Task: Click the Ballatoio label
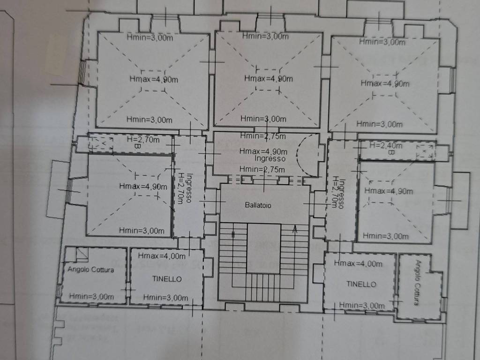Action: click(x=258, y=205)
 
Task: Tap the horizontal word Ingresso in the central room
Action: click(x=270, y=158)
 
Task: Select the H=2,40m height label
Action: click(x=386, y=145)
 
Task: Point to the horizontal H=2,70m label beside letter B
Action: click(x=143, y=140)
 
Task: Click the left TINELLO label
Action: click(x=167, y=279)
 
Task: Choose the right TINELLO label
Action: click(x=361, y=284)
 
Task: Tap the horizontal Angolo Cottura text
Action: click(x=90, y=270)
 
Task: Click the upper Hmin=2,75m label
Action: click(x=263, y=136)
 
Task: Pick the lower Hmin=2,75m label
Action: click(x=262, y=169)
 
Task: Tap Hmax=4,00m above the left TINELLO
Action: click(x=162, y=255)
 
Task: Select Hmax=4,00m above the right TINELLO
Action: click(x=358, y=263)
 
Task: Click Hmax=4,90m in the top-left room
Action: click(x=154, y=79)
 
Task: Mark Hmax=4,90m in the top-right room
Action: click(x=385, y=83)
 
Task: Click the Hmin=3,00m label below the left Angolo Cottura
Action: click(x=91, y=296)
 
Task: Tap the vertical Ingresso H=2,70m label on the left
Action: click(x=186, y=187)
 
